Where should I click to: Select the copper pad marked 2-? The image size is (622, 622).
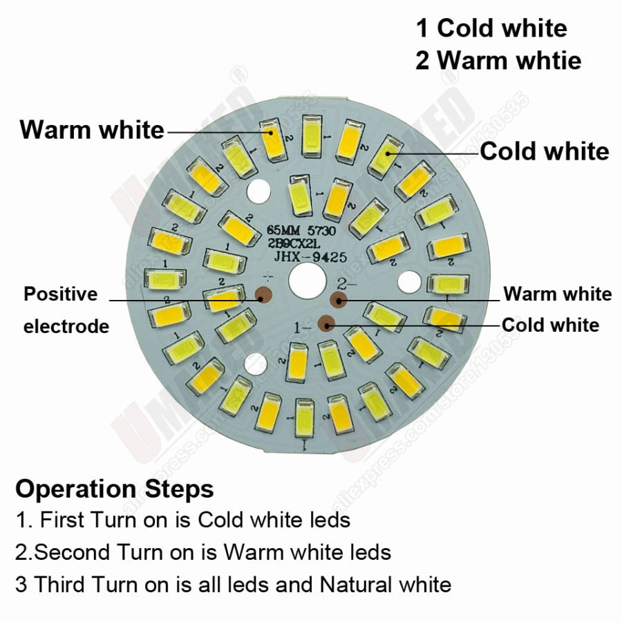point(339,299)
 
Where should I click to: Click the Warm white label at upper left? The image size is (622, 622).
point(92,129)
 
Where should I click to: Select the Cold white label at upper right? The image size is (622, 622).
point(545,151)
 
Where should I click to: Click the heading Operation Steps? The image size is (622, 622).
point(114,489)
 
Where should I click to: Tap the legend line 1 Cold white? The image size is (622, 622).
point(491,28)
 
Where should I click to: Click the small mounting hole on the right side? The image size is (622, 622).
point(409,281)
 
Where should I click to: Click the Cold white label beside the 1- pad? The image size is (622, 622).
point(550,325)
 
